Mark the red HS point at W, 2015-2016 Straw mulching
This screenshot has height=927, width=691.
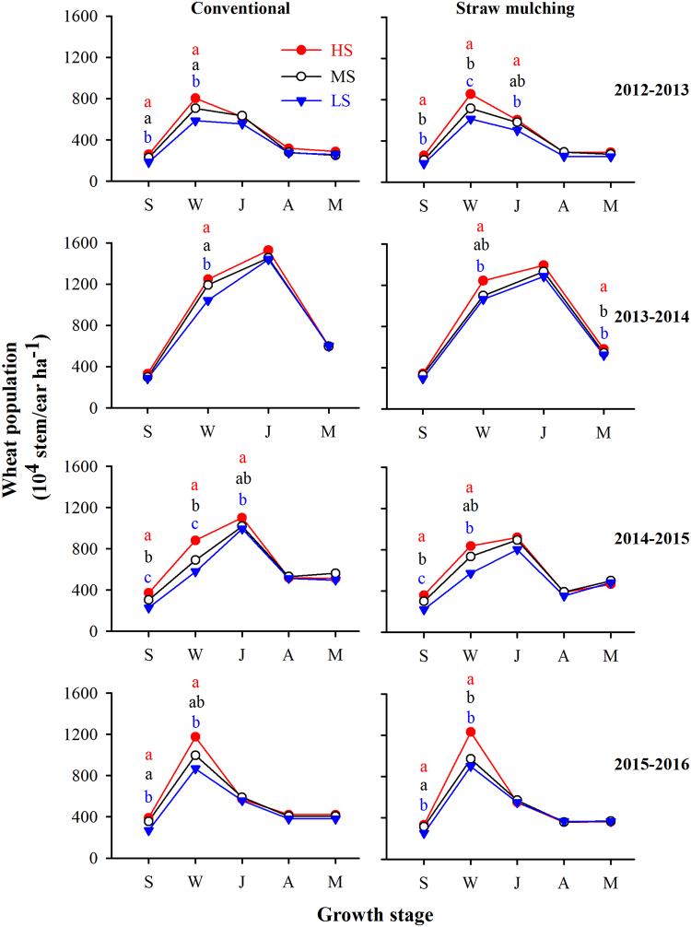(471, 732)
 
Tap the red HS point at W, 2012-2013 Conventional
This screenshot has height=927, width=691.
(195, 98)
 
